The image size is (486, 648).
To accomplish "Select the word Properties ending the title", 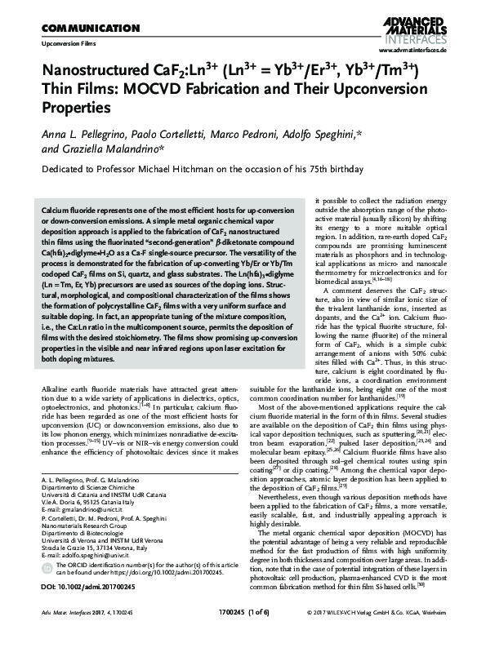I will (x=74, y=107).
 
